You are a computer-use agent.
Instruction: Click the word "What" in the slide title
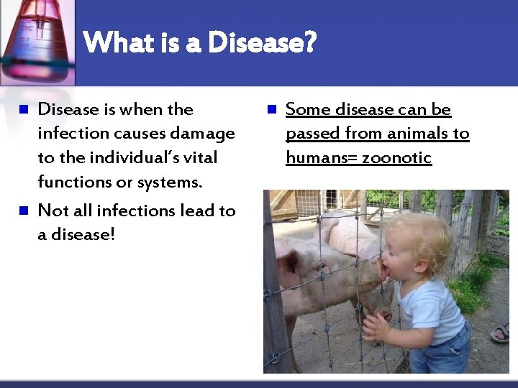pyautogui.click(x=118, y=42)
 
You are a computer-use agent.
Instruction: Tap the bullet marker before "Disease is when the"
pyautogui.click(x=22, y=110)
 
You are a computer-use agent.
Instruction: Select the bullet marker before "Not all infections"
pyautogui.click(x=22, y=211)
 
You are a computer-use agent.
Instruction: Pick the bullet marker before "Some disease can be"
pyautogui.click(x=271, y=110)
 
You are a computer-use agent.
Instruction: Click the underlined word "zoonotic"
pyautogui.click(x=398, y=157)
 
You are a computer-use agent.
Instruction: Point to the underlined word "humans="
pyautogui.click(x=321, y=157)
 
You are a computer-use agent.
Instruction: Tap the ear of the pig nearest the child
pyautogui.click(x=289, y=260)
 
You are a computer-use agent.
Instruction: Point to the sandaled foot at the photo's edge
pyautogui.click(x=501, y=333)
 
